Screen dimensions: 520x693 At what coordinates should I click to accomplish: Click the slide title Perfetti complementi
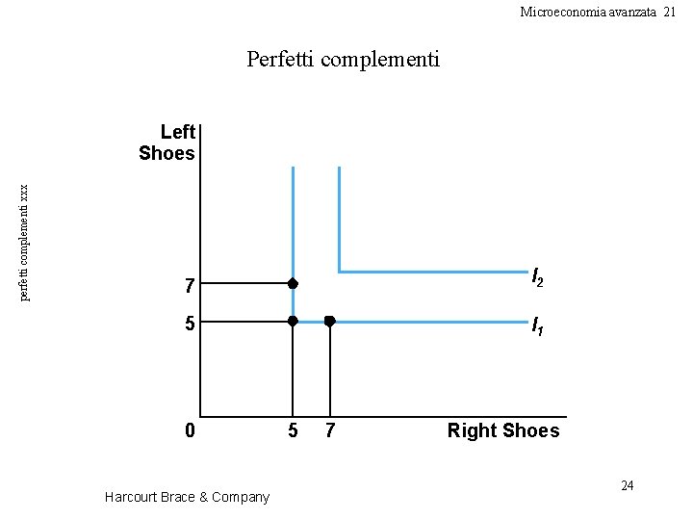pyautogui.click(x=343, y=60)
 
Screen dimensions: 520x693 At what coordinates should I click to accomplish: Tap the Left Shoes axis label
pyautogui.click(x=167, y=143)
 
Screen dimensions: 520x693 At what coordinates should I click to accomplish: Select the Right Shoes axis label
pyautogui.click(x=502, y=430)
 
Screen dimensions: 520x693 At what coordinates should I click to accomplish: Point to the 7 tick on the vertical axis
pyautogui.click(x=191, y=286)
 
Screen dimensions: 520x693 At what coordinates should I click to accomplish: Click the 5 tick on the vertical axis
pyautogui.click(x=191, y=324)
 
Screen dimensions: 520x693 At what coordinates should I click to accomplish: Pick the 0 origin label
pyautogui.click(x=191, y=430)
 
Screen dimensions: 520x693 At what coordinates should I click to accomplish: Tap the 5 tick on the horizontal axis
pyautogui.click(x=294, y=430)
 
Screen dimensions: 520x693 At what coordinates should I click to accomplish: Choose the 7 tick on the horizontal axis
pyautogui.click(x=330, y=430)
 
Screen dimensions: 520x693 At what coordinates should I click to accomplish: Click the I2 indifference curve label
pyautogui.click(x=538, y=279)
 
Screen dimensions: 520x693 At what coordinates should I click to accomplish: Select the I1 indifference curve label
pyautogui.click(x=538, y=327)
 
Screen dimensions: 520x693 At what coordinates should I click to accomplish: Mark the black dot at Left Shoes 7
pyautogui.click(x=293, y=284)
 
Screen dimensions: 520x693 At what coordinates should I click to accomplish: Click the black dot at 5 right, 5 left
pyautogui.click(x=293, y=321)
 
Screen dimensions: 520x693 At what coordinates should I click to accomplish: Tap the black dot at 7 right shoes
pyautogui.click(x=329, y=321)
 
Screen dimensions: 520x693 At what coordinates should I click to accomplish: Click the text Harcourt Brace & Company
pyautogui.click(x=187, y=497)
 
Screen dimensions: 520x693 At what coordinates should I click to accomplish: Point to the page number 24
pyautogui.click(x=627, y=485)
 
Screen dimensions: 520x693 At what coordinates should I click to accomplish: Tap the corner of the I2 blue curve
pyautogui.click(x=339, y=272)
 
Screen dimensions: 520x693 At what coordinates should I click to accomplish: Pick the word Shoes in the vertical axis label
pyautogui.click(x=167, y=153)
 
